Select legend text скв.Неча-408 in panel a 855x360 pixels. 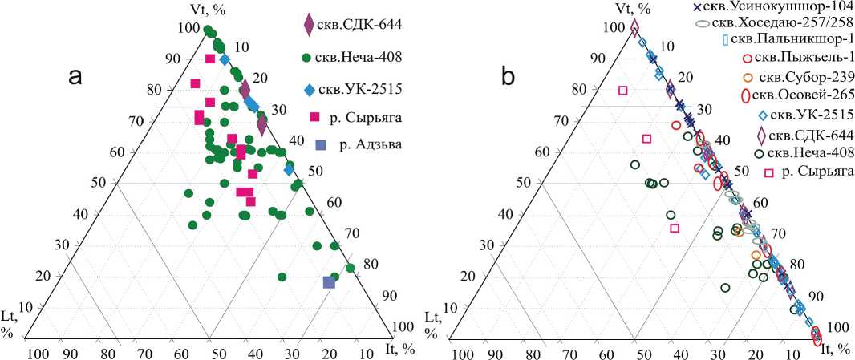click(365, 57)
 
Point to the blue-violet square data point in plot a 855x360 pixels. click(328, 282)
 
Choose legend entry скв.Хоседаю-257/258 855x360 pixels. click(781, 24)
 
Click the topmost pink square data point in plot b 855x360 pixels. click(623, 91)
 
